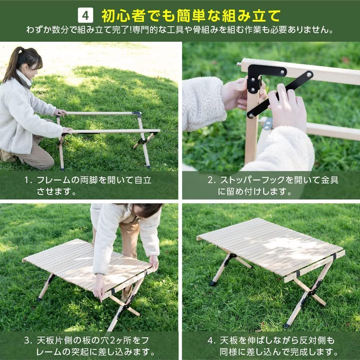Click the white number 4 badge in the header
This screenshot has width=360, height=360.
(x=86, y=15)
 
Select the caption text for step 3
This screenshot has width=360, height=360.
(x=90, y=345)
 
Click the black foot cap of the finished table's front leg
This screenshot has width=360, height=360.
(x=287, y=326)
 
